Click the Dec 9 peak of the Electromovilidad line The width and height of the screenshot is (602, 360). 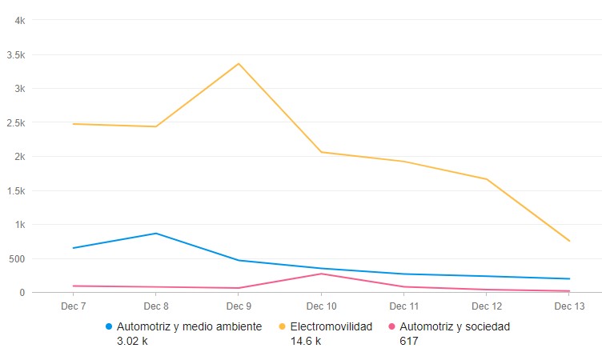point(239,63)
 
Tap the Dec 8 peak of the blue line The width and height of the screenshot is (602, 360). point(155,234)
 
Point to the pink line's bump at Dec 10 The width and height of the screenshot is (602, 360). point(321,274)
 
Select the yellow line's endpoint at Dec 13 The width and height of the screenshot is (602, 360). point(569,241)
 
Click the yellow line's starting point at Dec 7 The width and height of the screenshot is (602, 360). point(73,124)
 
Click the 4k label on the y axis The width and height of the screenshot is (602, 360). point(20,20)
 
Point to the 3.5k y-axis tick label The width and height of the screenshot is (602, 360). point(17,54)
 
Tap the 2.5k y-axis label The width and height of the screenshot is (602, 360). point(17,122)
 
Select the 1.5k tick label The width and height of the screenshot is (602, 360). point(17,190)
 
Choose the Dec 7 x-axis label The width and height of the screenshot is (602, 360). point(73,306)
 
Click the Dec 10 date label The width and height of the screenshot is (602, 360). point(321,306)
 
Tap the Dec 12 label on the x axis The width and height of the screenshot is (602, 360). point(486,306)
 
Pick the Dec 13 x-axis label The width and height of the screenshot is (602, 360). point(568,306)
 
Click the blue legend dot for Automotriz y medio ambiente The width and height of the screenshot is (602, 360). point(109,326)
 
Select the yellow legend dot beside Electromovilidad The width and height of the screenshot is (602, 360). point(282,326)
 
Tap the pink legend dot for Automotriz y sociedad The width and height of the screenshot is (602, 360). point(391,326)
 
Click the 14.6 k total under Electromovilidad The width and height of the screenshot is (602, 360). point(306,341)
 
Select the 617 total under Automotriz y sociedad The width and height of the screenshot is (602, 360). point(408,341)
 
